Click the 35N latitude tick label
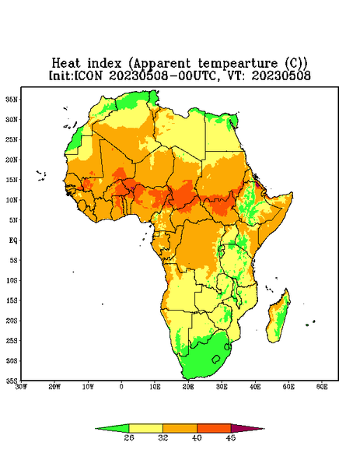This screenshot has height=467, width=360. tap(12, 99)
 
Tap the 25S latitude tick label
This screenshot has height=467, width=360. tap(12, 340)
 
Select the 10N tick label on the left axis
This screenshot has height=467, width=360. tap(12, 200)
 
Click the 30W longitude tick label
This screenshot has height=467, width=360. tap(22, 387)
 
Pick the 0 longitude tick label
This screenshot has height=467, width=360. tap(121, 387)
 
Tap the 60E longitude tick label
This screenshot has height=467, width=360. tap(322, 387)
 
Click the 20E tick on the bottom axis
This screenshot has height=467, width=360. tap(188, 387)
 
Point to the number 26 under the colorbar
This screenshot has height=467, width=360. tap(129, 437)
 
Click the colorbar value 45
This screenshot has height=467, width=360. tap(231, 437)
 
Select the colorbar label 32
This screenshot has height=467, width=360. tap(163, 437)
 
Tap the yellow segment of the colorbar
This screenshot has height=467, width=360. tap(145, 428)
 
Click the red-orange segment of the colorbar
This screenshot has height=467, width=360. tap(214, 428)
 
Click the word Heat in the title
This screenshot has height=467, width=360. tap(66, 64)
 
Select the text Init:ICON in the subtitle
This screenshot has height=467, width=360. tap(75, 75)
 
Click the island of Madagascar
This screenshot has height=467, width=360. tap(279, 318)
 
